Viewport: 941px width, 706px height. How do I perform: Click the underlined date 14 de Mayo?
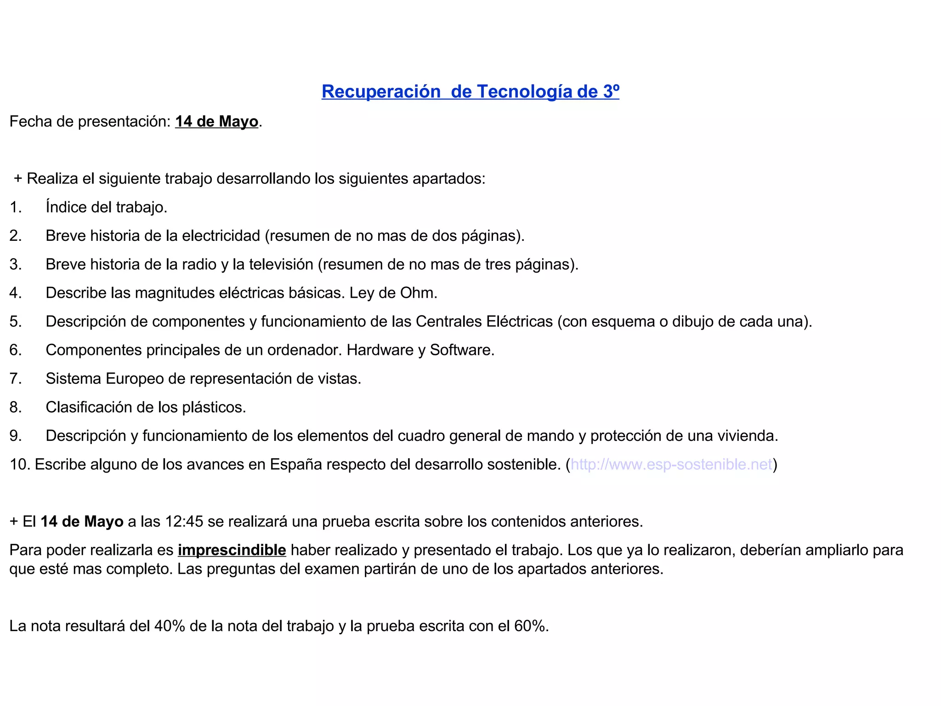pos(216,121)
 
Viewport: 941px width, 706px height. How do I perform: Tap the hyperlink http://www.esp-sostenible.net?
pos(671,464)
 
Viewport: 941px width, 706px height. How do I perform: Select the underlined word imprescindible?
pos(232,550)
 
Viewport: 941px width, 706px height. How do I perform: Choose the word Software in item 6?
pos(461,350)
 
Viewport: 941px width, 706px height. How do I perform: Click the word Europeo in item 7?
pos(135,379)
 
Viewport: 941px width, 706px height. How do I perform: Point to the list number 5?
pos(15,321)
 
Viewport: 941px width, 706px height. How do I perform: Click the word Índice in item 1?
pos(66,207)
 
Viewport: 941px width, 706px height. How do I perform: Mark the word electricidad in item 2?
pos(221,236)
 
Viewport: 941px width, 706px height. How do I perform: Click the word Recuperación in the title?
pos(381,91)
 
